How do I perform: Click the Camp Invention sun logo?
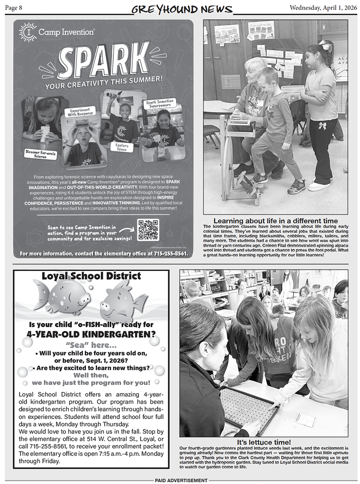tap(28, 32)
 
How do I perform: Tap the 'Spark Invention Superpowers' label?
tap(160, 104)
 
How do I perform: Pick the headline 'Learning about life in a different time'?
tap(275, 220)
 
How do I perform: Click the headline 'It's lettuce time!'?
tap(264, 442)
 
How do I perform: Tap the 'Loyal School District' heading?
tap(91, 276)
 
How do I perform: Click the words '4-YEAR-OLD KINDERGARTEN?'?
tap(91, 334)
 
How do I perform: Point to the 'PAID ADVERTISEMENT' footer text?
tap(181, 480)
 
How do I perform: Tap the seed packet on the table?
tap(305, 420)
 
